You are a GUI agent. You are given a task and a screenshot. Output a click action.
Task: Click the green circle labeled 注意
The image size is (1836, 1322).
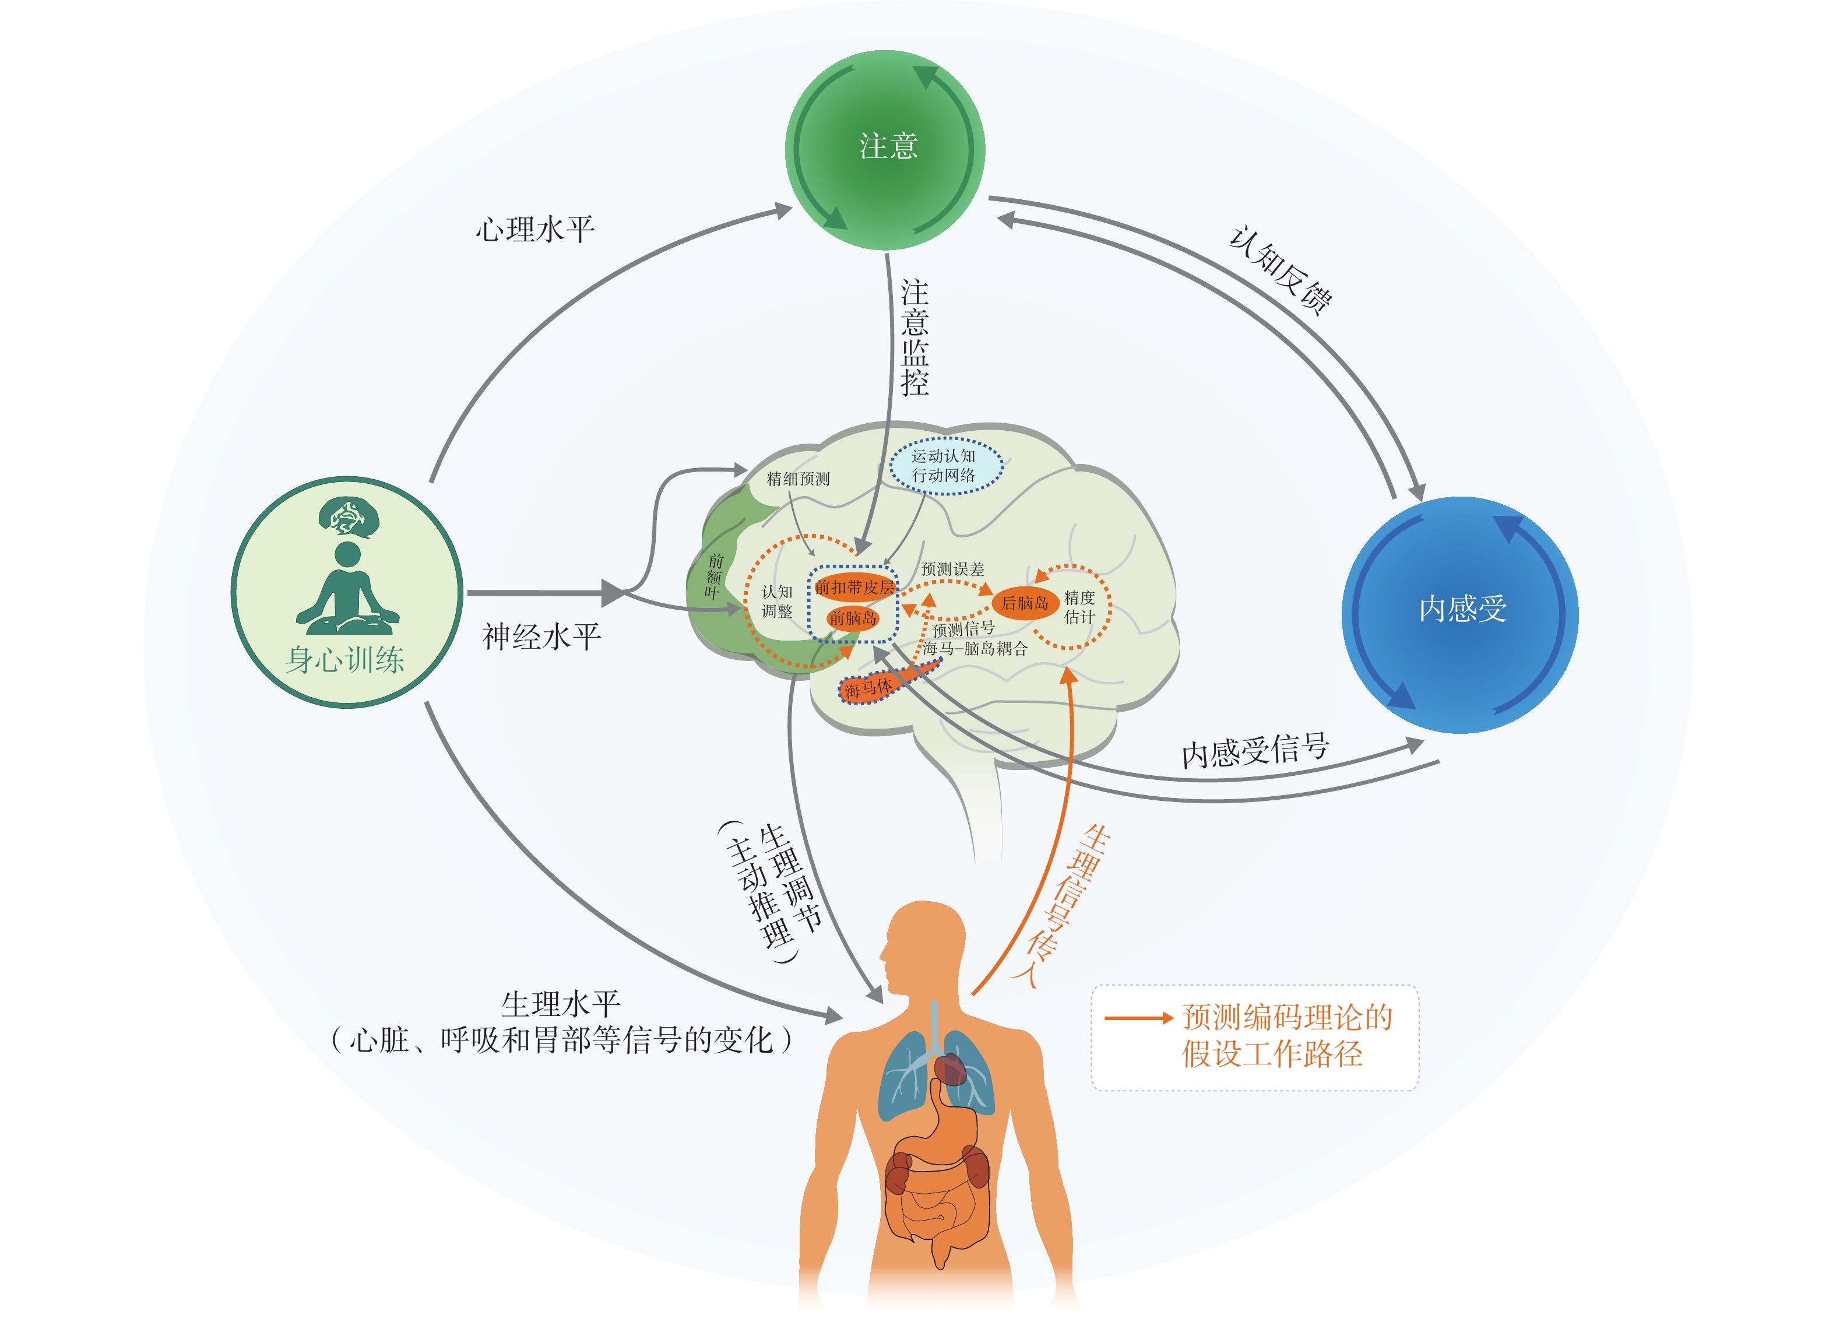coord(885,150)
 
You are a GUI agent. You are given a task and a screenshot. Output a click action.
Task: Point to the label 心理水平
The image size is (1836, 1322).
coord(535,230)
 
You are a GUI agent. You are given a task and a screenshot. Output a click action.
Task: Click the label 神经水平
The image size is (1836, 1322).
coord(541,637)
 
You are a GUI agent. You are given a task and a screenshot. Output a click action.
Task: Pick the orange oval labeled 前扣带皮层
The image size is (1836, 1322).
coord(854,587)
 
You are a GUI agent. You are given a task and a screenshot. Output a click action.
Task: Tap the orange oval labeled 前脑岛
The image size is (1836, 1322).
coord(852,618)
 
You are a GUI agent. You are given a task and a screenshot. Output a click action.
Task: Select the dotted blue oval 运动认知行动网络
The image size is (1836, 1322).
coord(945,466)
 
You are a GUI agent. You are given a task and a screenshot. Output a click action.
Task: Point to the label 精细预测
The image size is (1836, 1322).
coord(798,479)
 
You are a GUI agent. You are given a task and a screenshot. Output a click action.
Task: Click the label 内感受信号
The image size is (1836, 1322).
coord(1255,750)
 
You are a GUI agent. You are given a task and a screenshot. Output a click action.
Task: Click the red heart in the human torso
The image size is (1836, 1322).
coord(951,1070)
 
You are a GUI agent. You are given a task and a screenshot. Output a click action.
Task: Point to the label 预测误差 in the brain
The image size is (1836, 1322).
coord(953,569)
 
